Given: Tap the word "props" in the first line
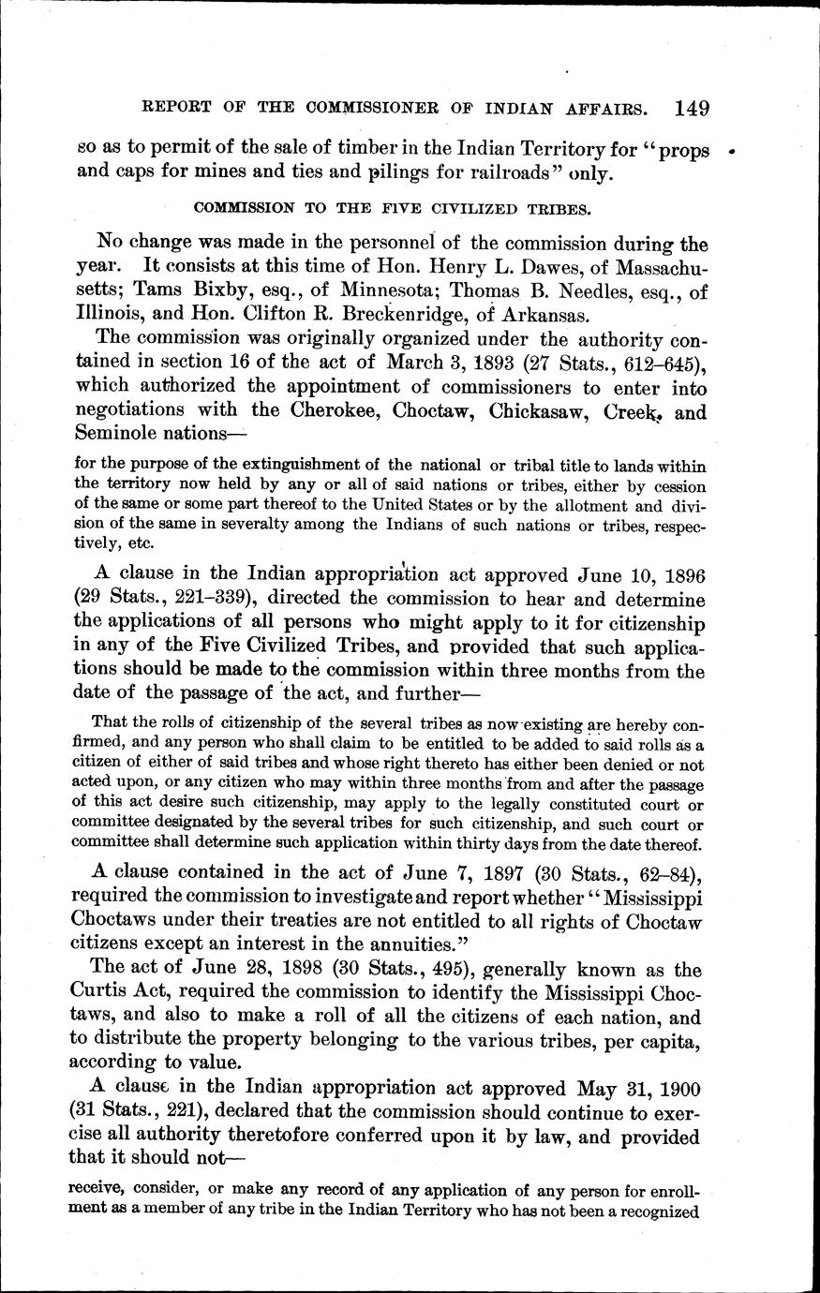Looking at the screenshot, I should [680, 151].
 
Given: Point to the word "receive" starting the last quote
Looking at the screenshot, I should [101, 1191].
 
